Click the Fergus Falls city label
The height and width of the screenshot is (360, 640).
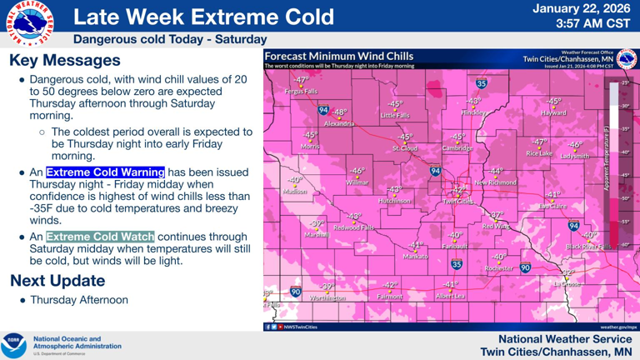(x=301, y=91)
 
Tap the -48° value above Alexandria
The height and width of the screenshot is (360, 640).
(x=339, y=112)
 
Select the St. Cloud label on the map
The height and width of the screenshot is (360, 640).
(x=404, y=148)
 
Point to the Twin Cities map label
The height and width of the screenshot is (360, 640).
(x=457, y=201)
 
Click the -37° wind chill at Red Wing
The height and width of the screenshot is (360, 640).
(x=497, y=215)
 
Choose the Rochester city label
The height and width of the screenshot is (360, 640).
(x=499, y=267)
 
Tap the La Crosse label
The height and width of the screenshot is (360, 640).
(x=568, y=283)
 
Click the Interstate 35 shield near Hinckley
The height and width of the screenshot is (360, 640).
(x=482, y=83)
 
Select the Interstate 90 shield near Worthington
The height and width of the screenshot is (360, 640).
(x=296, y=292)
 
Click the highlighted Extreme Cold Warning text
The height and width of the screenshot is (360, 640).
(x=105, y=172)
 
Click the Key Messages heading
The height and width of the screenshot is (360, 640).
(x=65, y=61)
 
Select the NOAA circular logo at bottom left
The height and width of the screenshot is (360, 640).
(x=15, y=345)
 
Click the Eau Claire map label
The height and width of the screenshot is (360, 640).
(x=552, y=205)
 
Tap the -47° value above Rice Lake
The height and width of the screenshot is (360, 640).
(x=539, y=142)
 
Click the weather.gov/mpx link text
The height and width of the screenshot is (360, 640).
(x=618, y=327)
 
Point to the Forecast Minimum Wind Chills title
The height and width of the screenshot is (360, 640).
(x=338, y=56)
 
